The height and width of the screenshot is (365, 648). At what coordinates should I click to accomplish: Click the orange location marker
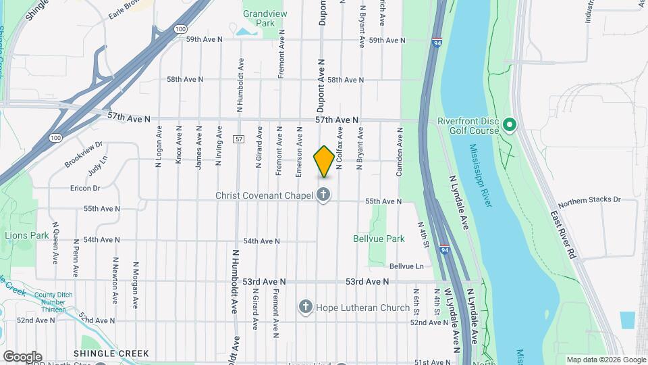[324, 162]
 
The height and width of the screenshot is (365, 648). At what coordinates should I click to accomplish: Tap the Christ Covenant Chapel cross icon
[323, 195]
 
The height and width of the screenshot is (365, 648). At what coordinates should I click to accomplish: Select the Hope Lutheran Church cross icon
[305, 308]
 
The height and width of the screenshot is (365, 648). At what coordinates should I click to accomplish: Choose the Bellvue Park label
[379, 239]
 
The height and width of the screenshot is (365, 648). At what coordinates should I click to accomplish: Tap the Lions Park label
[27, 235]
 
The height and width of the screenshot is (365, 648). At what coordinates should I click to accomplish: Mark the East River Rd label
[562, 234]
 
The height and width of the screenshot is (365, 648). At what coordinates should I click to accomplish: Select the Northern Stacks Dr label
[589, 200]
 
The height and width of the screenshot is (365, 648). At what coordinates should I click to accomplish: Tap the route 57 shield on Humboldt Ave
[239, 139]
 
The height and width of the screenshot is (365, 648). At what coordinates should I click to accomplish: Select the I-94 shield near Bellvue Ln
[444, 249]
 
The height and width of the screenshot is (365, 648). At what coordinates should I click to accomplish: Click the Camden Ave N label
[400, 155]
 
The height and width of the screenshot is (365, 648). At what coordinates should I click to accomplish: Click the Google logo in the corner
[22, 356]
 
